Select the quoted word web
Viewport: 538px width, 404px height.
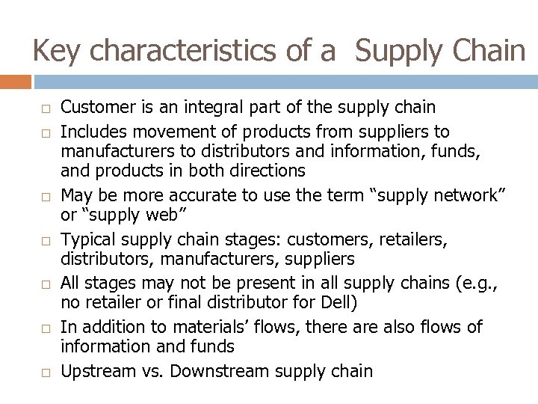pyautogui.click(x=171, y=215)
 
